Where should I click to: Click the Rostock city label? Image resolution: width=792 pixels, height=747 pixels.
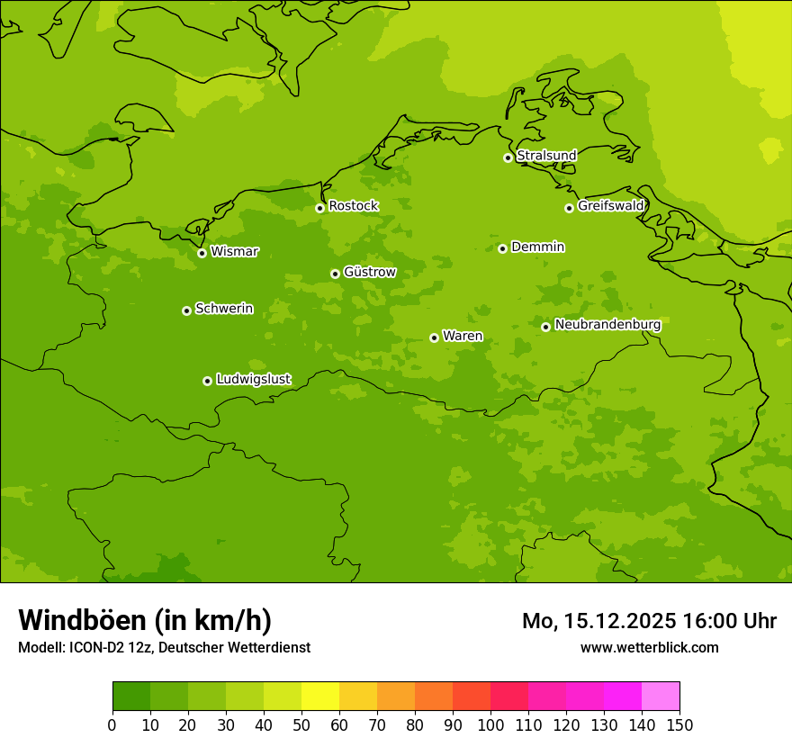pos(353,206)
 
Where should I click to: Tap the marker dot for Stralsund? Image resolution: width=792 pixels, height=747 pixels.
pos(508,157)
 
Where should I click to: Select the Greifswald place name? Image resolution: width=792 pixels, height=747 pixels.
pos(610,206)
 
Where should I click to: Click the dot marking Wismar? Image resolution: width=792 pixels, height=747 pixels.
pos(202,253)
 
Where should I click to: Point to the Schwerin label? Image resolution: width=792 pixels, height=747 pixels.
pos(224,309)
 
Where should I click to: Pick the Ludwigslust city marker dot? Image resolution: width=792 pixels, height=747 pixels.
pos(207,381)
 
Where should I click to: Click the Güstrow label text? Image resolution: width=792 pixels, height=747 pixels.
pos(369,272)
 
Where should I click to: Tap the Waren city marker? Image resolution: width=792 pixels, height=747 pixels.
pos(434,337)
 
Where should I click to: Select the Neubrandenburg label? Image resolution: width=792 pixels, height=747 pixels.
pos(607,325)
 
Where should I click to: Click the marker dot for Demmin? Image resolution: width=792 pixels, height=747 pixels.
pos(502,248)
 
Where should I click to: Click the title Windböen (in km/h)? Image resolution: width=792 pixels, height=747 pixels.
pos(145,620)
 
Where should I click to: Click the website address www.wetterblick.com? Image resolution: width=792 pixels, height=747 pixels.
pos(649,647)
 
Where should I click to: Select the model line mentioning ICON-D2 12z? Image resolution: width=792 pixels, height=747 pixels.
pos(164,647)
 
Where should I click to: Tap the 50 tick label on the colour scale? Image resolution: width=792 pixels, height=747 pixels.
pos(301,724)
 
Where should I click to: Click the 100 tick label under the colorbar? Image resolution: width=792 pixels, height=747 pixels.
pos(490,724)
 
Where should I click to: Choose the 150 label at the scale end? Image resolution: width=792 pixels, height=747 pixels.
pos(679,724)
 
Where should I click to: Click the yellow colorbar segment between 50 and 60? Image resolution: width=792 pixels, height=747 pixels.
pos(320,697)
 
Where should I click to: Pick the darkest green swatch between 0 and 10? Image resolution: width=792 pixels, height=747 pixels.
pos(131,697)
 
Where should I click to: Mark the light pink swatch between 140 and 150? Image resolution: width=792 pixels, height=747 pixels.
pos(661,697)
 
